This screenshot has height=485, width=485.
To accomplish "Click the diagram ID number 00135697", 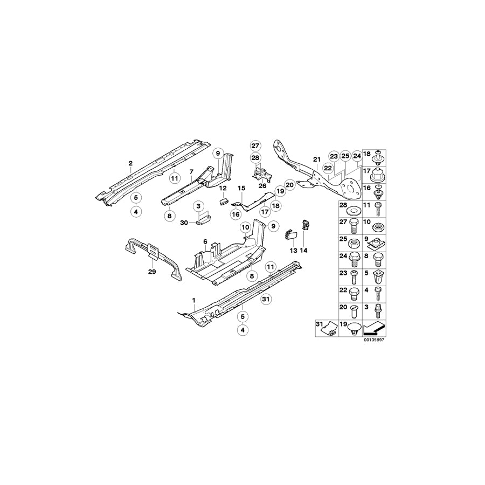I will click(x=373, y=341).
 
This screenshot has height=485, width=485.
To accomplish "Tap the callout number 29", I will click(x=152, y=272).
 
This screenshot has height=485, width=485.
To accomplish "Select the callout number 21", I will click(x=316, y=159).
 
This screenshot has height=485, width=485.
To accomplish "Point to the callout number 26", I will click(x=262, y=186).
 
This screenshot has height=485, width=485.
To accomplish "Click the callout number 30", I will click(x=183, y=222).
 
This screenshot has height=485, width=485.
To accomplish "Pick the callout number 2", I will click(x=130, y=163).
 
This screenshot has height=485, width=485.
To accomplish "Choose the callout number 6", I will click(x=205, y=242).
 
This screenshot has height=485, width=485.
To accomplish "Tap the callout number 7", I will click(x=191, y=171).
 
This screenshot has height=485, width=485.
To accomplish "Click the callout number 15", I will click(x=241, y=188).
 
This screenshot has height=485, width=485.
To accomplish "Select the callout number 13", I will click(x=293, y=250).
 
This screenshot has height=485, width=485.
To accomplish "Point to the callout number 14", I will click(x=303, y=250).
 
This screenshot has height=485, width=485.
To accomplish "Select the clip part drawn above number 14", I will click(x=305, y=225).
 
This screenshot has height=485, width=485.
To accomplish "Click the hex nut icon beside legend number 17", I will click(x=378, y=175).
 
